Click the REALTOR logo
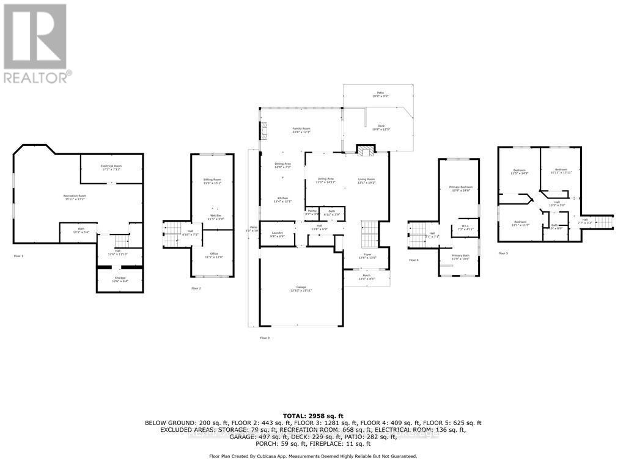click(37, 43)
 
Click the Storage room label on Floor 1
click(119, 279)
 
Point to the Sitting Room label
click(212, 181)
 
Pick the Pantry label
click(312, 211)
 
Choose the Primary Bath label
click(460, 256)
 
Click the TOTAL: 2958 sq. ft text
click(313, 415)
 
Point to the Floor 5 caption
click(503, 253)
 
